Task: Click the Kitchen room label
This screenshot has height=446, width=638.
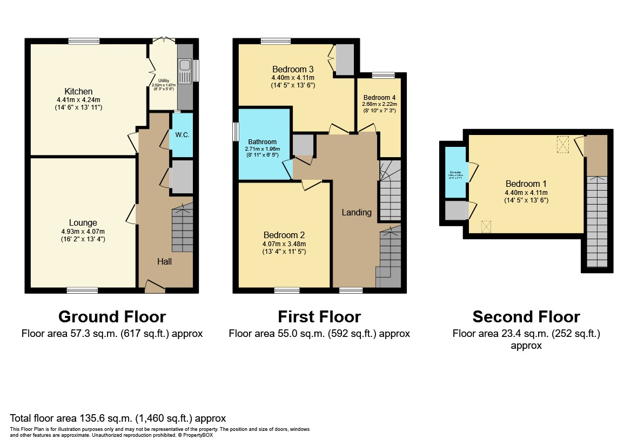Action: [78, 91]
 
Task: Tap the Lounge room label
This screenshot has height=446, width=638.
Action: [83, 222]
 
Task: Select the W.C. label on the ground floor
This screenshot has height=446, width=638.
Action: [182, 134]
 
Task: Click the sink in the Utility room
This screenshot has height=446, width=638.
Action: [184, 65]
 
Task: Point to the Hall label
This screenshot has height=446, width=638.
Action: [164, 261]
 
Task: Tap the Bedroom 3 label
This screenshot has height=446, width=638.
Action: [293, 69]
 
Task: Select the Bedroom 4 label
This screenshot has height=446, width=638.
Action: [379, 98]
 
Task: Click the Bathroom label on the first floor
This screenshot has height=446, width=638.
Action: [263, 142]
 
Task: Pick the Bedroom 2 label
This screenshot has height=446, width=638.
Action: [284, 235]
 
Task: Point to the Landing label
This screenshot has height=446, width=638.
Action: [357, 212]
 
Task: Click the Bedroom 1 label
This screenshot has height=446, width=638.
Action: [526, 183]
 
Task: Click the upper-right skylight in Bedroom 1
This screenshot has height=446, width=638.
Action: [563, 144]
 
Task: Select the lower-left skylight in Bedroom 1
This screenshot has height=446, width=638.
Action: [486, 226]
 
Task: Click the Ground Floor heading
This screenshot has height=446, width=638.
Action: [112, 316]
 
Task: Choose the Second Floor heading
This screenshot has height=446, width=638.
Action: [526, 316]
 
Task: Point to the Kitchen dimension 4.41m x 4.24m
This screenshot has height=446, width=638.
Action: [78, 100]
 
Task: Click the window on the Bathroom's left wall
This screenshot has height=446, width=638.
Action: [236, 131]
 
